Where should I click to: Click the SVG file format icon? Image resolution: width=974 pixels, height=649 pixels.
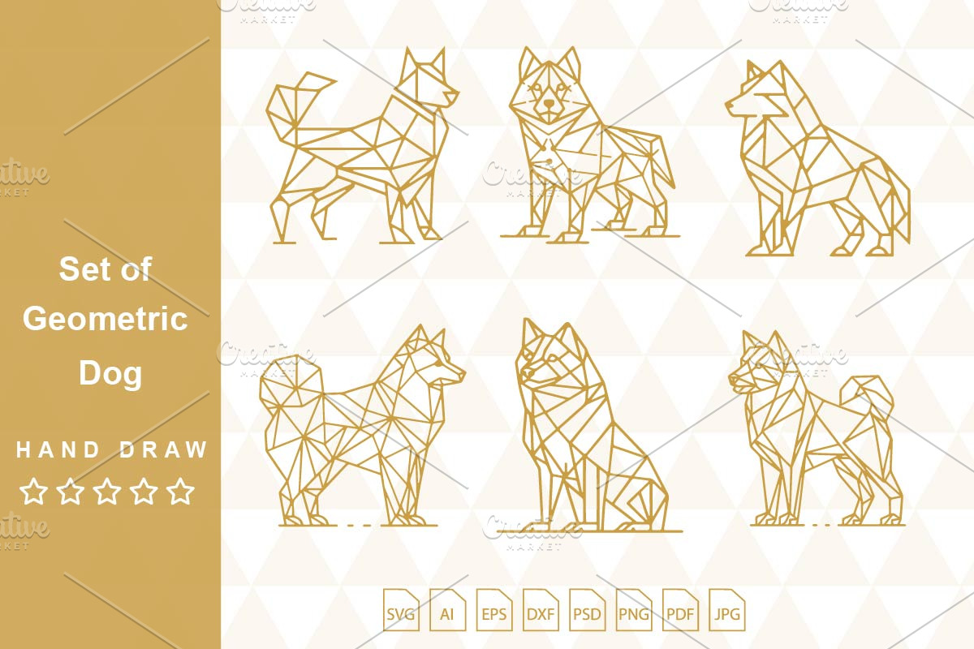[x=401, y=610]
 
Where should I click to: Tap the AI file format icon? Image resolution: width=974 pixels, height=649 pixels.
[x=447, y=610]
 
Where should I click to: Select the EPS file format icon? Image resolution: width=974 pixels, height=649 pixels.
[x=494, y=610]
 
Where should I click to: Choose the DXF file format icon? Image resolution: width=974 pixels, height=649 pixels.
[x=541, y=610]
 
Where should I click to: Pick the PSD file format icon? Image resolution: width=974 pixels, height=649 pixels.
[x=587, y=610]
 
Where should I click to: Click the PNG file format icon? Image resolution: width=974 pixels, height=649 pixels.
[x=634, y=610]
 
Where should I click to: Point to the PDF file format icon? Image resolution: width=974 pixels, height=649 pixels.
[x=680, y=610]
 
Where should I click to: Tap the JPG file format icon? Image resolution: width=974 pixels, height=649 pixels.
[x=726, y=610]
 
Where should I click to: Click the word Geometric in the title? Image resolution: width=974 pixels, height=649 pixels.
[x=106, y=319]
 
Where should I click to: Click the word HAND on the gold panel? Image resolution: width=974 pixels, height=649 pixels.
[x=58, y=449]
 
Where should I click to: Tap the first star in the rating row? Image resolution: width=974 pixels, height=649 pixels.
[x=33, y=491]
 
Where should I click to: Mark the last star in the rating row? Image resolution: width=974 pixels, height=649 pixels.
[x=180, y=491]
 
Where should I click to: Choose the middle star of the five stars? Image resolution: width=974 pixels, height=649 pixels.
[x=107, y=491]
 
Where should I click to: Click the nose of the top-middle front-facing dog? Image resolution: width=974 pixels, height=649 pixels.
[x=549, y=104]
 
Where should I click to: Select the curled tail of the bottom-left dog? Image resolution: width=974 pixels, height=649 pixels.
[x=291, y=383]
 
